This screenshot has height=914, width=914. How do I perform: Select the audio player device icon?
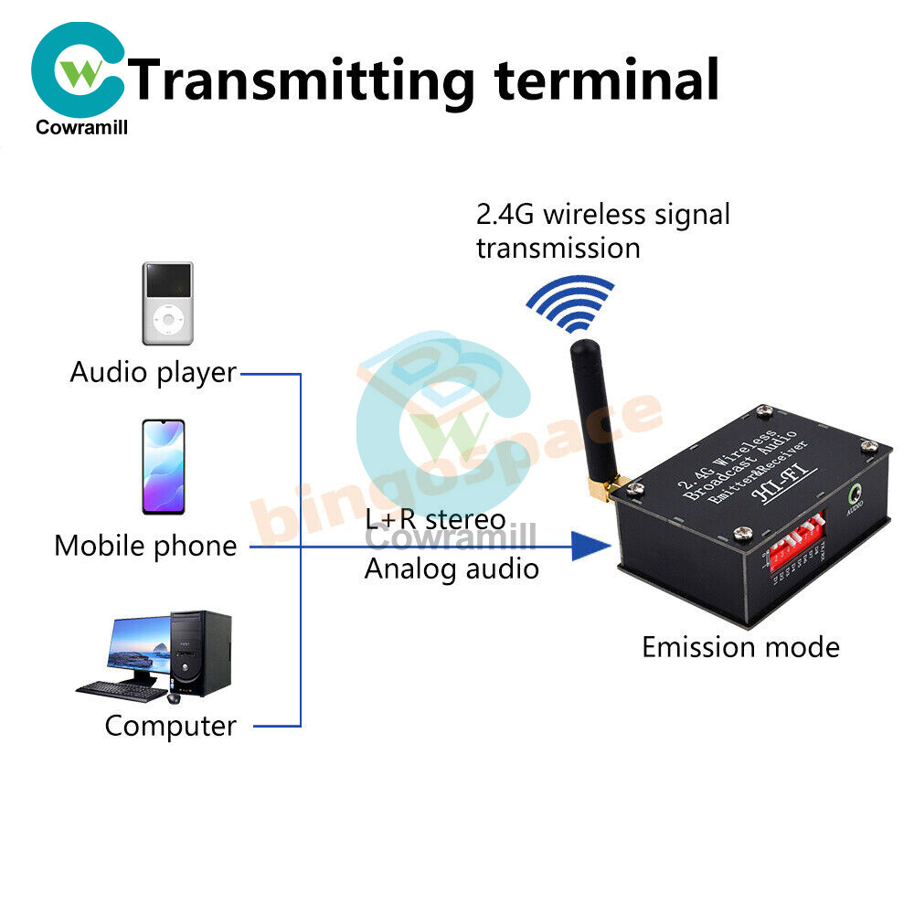pos(167,303)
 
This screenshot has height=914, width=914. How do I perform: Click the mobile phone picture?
pos(163,466)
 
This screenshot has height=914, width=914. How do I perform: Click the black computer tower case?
pos(201,653)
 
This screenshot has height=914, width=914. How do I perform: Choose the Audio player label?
pos(153,373)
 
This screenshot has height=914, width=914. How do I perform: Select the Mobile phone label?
pos(145,546)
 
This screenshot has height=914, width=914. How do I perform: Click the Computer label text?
pos(170,726)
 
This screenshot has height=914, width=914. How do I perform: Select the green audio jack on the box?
pos(856,496)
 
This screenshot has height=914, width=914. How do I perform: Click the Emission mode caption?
pos(740,647)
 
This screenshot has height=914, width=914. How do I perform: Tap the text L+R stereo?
pos(435,519)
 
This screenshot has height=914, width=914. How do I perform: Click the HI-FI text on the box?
pos(776,491)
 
